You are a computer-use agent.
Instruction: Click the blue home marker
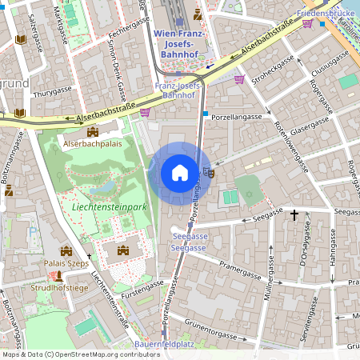[180, 173]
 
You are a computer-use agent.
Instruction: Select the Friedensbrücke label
[326, 14]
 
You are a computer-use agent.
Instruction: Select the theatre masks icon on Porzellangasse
[210, 170]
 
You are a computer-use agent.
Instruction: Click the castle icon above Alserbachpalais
[93, 131]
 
